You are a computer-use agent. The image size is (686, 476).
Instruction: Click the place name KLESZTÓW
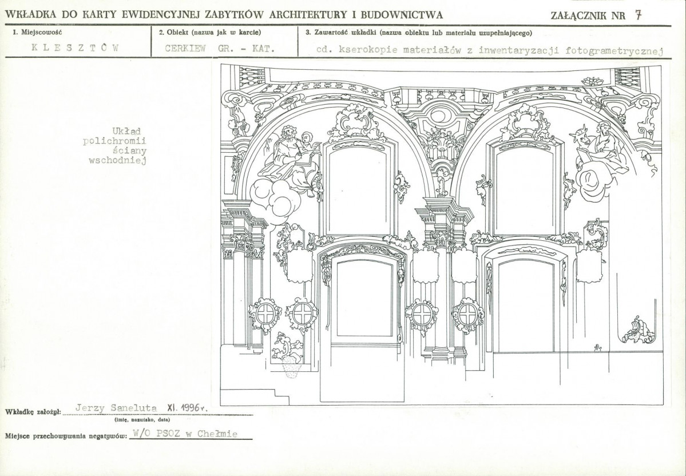click(x=75, y=48)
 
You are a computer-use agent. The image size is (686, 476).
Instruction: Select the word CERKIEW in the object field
click(x=185, y=49)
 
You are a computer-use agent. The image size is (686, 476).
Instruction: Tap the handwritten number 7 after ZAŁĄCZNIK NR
click(x=639, y=15)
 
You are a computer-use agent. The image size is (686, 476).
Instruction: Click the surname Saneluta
click(x=133, y=408)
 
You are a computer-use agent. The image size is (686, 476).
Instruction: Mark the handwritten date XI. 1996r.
click(x=187, y=407)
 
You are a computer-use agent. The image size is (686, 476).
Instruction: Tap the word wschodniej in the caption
click(x=117, y=160)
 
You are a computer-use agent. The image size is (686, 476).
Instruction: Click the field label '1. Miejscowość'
click(x=38, y=33)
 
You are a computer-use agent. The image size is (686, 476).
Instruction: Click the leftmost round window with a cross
click(x=265, y=314)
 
